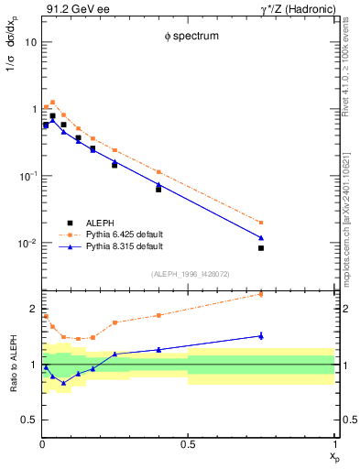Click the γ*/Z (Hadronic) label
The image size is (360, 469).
click(298, 10)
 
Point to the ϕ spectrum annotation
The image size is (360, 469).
click(187, 38)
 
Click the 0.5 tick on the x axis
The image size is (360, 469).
click(187, 445)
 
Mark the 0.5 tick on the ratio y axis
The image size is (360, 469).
click(28, 420)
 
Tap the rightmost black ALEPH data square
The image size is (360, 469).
click(261, 248)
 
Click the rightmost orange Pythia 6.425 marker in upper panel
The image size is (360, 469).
click(261, 222)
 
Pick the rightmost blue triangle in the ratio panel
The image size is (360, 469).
click(261, 335)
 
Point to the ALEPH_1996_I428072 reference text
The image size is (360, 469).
click(187, 274)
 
